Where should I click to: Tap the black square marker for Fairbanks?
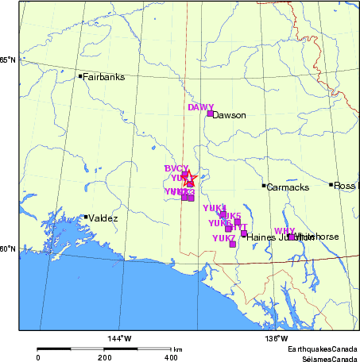coord(80,76)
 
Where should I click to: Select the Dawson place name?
coord(230,115)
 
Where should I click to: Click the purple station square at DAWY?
coord(210,114)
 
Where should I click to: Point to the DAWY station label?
coord(200,106)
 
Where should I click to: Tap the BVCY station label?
coord(176,168)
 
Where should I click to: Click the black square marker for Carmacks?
coord(264,186)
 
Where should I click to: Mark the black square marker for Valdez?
coord(86,217)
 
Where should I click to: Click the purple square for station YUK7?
coord(233,245)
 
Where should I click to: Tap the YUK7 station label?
coord(223,238)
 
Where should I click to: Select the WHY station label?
coord(284,231)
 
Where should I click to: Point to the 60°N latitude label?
coord(8,249)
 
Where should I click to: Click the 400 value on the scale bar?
coord(171,358)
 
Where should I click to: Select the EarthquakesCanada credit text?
coord(322,350)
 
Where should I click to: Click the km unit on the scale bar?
coord(178,349)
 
